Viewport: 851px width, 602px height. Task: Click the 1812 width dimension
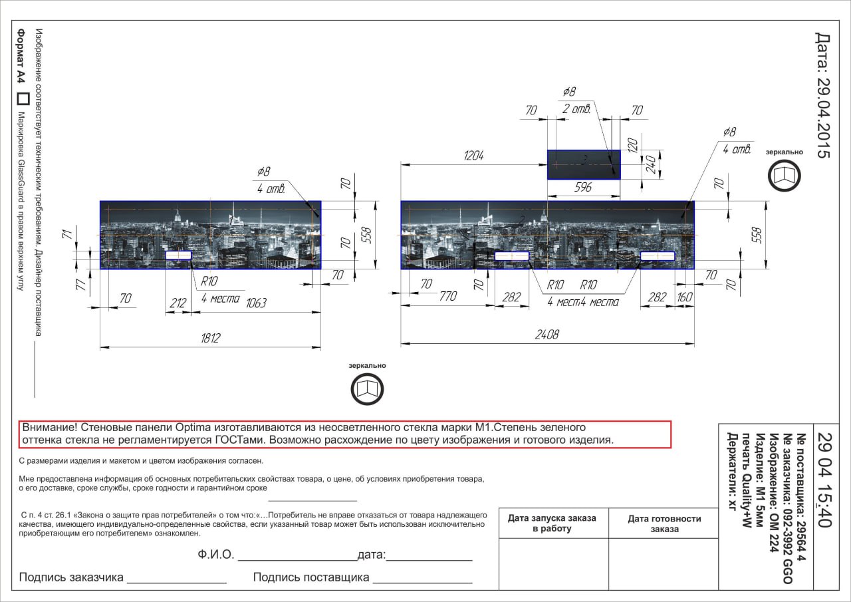click(x=211, y=338)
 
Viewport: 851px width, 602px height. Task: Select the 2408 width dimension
click(x=547, y=335)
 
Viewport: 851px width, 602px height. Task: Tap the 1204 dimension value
click(x=474, y=156)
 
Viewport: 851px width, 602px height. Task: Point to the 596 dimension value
click(x=583, y=187)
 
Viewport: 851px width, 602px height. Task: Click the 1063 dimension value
click(x=256, y=303)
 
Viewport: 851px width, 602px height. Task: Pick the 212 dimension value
click(x=178, y=303)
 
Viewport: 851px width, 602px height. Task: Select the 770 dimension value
click(x=448, y=296)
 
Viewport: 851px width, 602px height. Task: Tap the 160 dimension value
click(x=685, y=297)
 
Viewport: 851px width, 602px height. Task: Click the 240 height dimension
click(x=651, y=164)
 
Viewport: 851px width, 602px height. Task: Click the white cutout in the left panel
click(x=179, y=255)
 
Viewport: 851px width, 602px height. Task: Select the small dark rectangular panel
click(x=584, y=164)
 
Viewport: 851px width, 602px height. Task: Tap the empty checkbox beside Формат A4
click(x=23, y=99)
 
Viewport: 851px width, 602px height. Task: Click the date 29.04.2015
click(x=823, y=95)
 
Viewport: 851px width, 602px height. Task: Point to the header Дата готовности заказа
click(x=664, y=524)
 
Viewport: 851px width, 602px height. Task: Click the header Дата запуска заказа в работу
click(x=552, y=524)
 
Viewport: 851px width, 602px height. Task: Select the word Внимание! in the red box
click(x=50, y=427)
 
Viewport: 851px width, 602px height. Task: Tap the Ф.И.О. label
click(x=216, y=555)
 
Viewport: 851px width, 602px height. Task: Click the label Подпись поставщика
click(x=311, y=577)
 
